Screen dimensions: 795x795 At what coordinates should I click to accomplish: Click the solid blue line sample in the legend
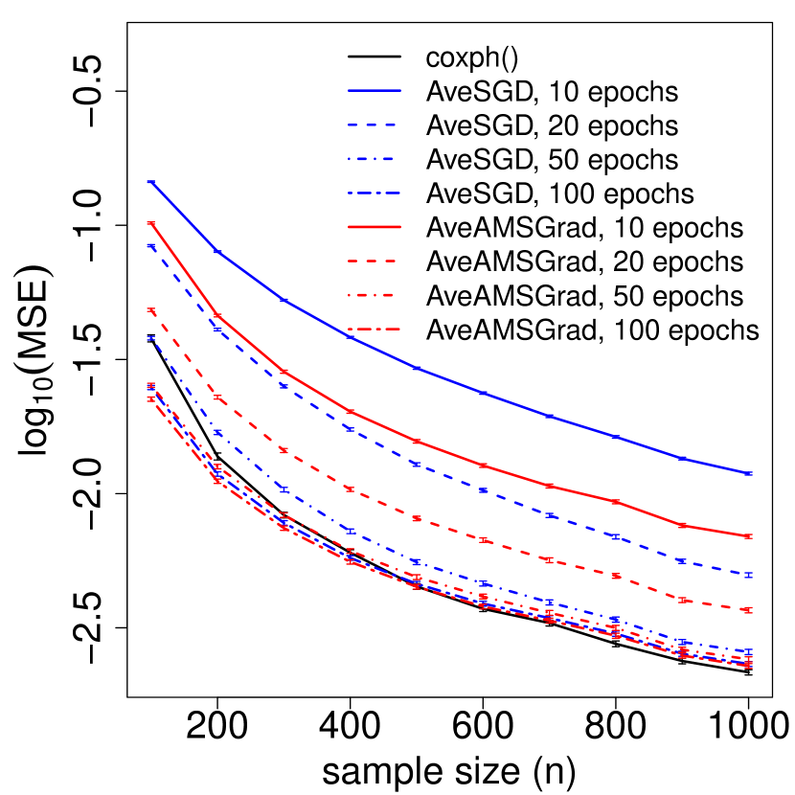375,91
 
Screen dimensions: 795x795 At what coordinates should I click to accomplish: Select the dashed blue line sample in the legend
375,125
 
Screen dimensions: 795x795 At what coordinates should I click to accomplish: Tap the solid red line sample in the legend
375,228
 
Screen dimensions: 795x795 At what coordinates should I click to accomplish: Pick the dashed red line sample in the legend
375,261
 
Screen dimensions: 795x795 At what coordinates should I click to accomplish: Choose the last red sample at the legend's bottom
375,329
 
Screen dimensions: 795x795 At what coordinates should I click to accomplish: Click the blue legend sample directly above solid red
375,193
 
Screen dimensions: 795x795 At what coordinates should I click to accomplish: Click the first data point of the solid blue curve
150,181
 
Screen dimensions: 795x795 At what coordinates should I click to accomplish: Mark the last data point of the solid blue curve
749,474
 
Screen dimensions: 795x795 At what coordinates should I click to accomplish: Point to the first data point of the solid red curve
150,223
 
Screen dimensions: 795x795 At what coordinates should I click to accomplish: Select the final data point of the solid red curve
749,536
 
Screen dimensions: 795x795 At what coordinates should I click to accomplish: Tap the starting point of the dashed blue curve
150,246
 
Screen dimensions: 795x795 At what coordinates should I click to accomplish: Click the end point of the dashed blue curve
749,575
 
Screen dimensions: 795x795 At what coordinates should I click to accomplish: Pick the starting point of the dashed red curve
150,310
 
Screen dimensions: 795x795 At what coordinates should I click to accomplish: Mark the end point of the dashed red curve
749,610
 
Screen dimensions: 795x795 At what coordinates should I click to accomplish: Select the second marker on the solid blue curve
217,252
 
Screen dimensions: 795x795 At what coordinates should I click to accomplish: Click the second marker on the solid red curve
217,315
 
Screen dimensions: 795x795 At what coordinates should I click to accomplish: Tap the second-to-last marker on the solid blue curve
683,459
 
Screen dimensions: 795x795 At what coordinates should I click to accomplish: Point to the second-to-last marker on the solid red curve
683,526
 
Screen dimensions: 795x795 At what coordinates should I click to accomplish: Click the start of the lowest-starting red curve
150,398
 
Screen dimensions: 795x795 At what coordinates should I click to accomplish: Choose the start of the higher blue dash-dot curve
150,338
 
